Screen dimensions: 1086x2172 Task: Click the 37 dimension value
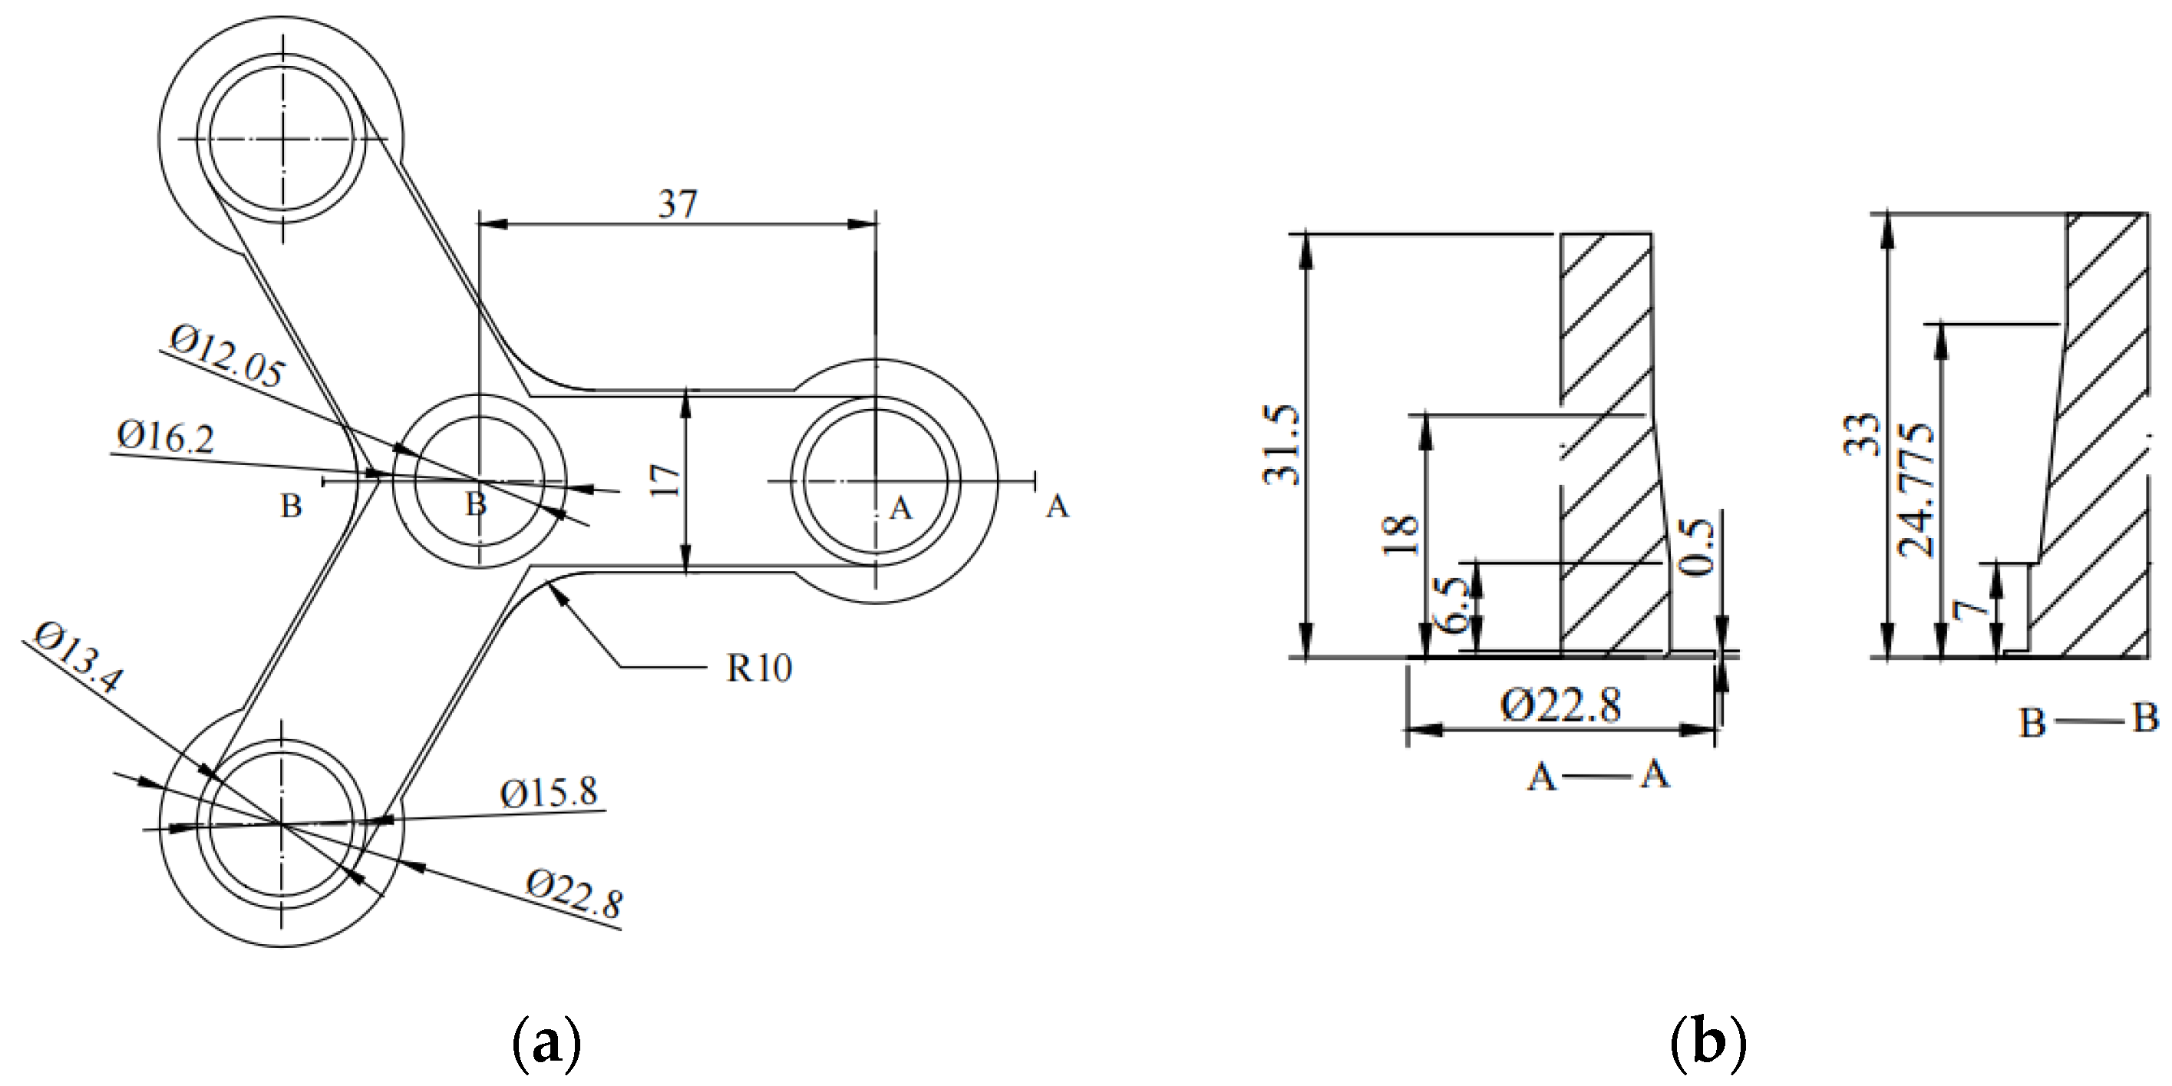[678, 204]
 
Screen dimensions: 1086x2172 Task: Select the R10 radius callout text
[759, 668]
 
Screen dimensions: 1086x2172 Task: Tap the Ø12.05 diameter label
[227, 358]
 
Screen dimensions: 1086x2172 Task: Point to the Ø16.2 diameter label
[165, 437]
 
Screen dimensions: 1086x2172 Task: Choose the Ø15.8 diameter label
[548, 793]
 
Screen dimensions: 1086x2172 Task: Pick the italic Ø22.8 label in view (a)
[574, 895]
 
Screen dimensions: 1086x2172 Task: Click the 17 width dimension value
[665, 480]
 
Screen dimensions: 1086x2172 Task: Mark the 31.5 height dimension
[1281, 444]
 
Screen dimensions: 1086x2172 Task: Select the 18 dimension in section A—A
[1401, 535]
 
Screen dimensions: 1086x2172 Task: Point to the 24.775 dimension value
[1916, 490]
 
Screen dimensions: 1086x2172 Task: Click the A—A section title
[1598, 774]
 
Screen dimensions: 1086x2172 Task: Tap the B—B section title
[2088, 720]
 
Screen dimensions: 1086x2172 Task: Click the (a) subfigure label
[546, 1044]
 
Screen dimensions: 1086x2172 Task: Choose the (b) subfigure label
[1708, 1044]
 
